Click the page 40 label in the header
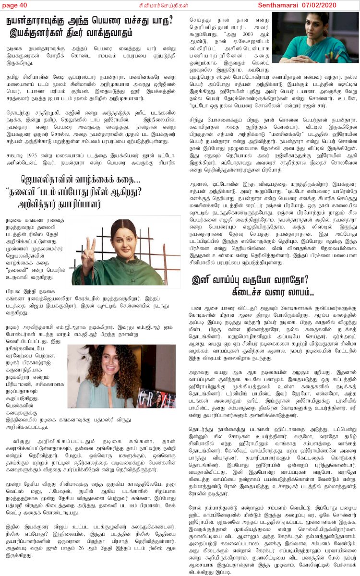(16, 5)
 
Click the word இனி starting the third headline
(203, 279)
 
